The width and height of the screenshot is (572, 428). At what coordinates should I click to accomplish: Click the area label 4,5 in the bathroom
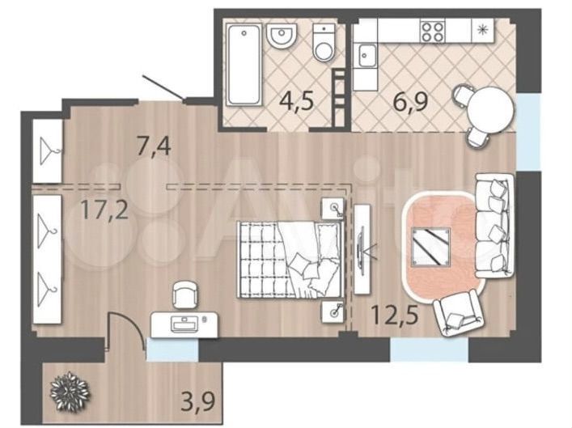[x=296, y=101]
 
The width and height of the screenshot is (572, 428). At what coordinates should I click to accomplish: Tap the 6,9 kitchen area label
[x=410, y=101]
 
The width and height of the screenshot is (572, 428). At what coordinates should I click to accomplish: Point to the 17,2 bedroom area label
[x=104, y=210]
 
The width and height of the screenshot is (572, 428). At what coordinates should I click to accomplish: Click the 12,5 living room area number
[x=394, y=315]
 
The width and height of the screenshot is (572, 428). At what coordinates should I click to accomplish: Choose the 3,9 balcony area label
[x=198, y=400]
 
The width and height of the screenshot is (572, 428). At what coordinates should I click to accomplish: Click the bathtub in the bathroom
[x=244, y=65]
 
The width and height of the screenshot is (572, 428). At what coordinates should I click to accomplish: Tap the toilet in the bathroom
[x=324, y=43]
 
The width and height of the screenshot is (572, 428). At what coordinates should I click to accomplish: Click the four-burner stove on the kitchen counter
[x=432, y=31]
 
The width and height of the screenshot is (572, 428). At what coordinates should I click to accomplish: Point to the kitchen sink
[x=367, y=56]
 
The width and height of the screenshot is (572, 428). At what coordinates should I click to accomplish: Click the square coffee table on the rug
[x=430, y=246]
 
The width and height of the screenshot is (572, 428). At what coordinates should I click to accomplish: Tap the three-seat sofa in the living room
[x=495, y=225]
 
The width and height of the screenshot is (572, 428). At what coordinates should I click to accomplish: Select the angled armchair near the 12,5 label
[x=459, y=312]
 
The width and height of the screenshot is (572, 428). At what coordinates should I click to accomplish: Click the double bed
[x=290, y=259]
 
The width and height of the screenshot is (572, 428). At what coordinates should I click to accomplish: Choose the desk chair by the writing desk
[x=185, y=295]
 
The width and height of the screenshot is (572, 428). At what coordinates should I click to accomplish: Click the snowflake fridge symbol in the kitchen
[x=483, y=30]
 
